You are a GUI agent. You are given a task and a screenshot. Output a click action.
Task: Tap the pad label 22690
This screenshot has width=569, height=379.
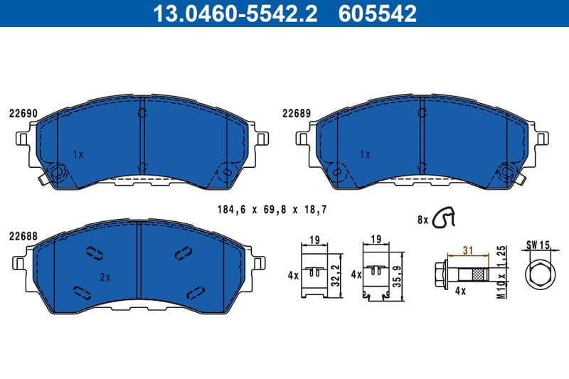pos(23,112)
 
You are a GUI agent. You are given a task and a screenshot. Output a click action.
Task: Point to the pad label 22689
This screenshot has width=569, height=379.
pos(296,112)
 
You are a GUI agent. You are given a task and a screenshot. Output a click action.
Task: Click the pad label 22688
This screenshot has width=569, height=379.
pos(23,235)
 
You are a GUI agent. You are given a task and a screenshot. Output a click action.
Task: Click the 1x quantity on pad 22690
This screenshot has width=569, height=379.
pos(78,154)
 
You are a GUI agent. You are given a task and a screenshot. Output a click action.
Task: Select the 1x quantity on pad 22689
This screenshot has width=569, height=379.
pos(365,154)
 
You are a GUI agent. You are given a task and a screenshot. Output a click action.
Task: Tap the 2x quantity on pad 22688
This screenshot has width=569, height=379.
pos(105,277)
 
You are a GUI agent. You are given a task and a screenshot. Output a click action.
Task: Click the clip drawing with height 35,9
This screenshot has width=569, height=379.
pos(377,274)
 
